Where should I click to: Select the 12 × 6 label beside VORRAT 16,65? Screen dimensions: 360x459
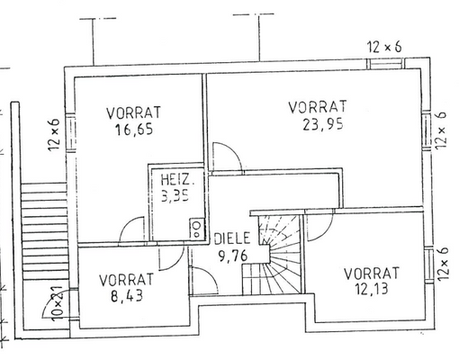[x=53, y=135]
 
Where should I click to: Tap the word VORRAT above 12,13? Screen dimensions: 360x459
[x=371, y=272]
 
